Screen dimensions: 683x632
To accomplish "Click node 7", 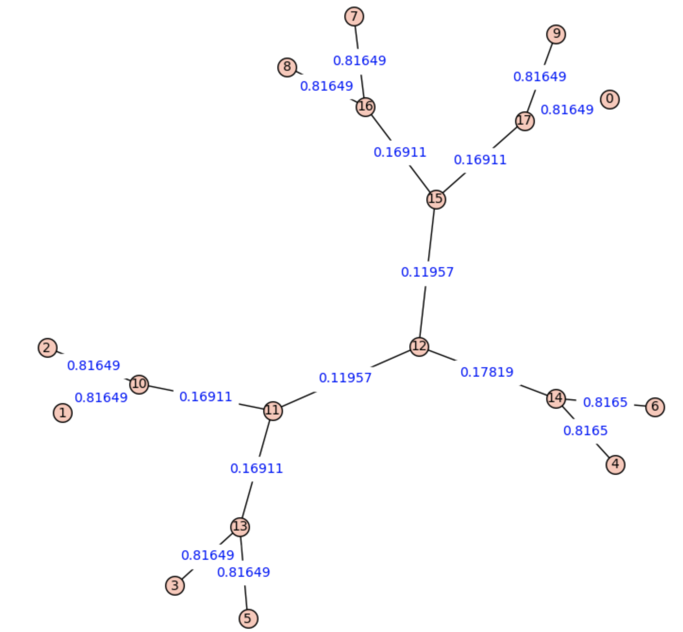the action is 354,16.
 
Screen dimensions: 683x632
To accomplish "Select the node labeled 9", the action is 556,34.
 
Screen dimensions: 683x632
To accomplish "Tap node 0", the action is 609,99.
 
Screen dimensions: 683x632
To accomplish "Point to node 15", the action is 436,199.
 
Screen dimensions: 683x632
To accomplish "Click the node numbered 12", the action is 419,346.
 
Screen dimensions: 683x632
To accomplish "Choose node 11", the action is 273,411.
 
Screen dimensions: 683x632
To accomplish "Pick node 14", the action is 556,399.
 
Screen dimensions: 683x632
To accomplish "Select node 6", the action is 655,407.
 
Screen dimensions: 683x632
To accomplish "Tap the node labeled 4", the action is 615,464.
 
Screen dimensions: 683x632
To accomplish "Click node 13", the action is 240,527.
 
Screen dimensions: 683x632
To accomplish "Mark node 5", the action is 248,618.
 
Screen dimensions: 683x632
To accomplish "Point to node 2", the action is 48,347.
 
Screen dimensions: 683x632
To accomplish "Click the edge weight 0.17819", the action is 487,372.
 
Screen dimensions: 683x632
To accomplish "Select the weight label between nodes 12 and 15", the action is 427,272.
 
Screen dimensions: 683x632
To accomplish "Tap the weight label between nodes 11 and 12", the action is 345,378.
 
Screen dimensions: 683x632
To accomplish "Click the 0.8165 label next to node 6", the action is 605,402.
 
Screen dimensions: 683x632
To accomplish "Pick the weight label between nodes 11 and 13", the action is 256,469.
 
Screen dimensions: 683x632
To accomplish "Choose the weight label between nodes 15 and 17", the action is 480,160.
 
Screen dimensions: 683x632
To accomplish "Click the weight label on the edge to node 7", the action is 359,61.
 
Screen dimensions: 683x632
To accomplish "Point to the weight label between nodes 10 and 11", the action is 206,397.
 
